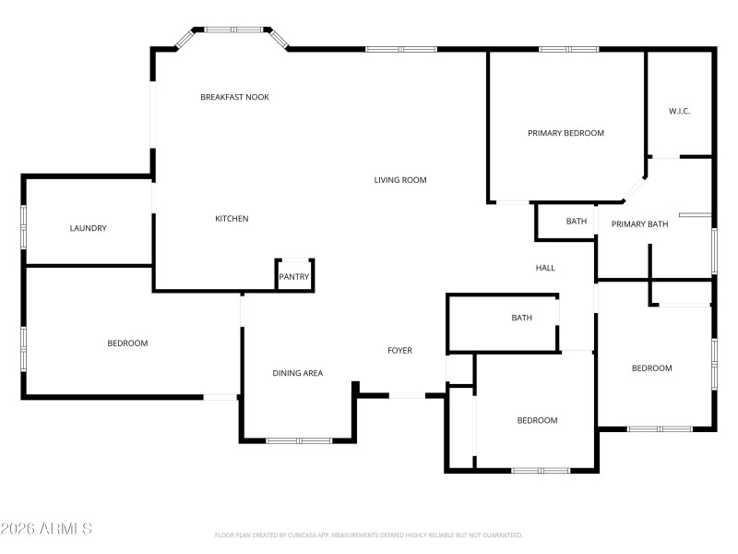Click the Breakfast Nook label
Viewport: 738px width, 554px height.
point(234,97)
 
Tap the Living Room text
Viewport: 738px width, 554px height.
point(400,180)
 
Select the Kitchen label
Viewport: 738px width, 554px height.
point(232,219)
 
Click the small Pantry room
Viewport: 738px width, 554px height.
point(294,276)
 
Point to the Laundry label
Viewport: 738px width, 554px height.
point(89,228)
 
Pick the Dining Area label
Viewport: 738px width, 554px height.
point(297,373)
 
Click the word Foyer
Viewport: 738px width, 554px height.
point(399,350)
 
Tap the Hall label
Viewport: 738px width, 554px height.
point(545,268)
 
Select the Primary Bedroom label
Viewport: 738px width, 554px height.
point(565,133)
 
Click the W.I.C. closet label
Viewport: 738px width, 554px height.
point(679,112)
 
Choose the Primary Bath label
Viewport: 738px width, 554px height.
point(639,223)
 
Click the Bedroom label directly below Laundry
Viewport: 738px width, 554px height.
point(127,343)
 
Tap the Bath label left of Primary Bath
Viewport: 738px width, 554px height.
point(577,222)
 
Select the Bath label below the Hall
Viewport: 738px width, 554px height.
point(522,319)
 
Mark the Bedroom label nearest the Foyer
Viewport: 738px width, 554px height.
point(537,420)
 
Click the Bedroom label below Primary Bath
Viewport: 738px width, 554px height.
point(651,368)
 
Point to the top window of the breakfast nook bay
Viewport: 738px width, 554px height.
point(234,30)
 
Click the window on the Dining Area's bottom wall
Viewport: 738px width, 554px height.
point(299,440)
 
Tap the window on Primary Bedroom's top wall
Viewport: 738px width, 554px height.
point(568,49)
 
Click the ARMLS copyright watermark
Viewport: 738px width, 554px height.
point(46,529)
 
